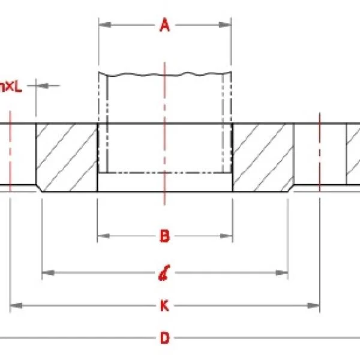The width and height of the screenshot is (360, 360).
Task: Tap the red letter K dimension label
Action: tap(164, 306)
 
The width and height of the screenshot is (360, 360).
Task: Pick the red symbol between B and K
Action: tap(163, 275)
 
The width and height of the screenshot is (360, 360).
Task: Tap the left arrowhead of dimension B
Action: tap(102, 235)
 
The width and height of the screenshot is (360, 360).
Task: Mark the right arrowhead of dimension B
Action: tap(228, 235)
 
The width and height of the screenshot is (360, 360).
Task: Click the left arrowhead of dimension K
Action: tap(15, 306)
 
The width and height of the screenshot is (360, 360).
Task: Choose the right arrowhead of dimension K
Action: tap(315, 306)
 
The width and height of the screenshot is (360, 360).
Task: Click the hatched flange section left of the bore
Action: tap(66, 158)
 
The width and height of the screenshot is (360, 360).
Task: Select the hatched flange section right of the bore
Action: tap(263, 158)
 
